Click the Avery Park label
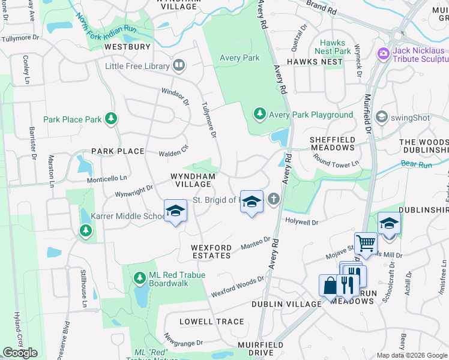[240, 58]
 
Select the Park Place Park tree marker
[110, 119]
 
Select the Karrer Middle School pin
[175, 212]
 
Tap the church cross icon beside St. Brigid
[274, 199]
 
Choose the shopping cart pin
[366, 244]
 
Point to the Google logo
[20, 353]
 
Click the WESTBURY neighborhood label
[127, 46]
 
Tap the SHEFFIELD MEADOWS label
[332, 143]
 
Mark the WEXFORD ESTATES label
[211, 251]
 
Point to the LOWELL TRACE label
[212, 322]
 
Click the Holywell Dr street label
[301, 221]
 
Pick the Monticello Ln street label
[107, 178]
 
